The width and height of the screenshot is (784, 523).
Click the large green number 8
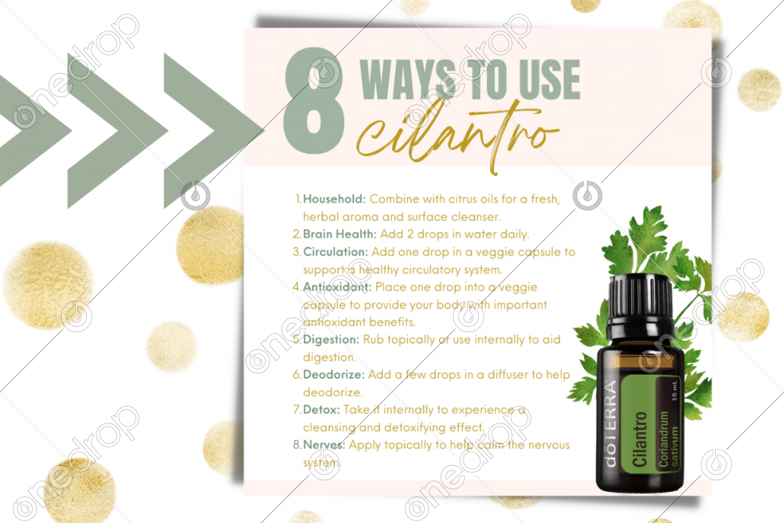point(314,100)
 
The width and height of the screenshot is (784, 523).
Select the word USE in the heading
point(550,79)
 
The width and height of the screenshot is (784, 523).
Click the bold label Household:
point(335,199)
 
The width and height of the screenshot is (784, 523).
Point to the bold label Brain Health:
point(339,234)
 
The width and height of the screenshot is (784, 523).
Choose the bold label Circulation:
point(336,252)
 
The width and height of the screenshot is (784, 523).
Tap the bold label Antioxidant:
point(337,286)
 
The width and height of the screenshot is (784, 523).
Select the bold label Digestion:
point(331,340)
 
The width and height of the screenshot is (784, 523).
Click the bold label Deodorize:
point(333,375)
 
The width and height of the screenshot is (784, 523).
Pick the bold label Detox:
point(321,409)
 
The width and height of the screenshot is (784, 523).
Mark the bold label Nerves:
point(324,445)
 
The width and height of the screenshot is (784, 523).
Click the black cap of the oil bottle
point(640,304)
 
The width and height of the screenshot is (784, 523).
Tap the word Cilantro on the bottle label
point(640,439)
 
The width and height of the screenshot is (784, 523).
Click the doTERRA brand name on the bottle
point(611,424)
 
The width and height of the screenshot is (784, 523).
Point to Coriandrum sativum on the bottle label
point(669,439)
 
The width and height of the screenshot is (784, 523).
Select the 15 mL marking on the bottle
point(674,390)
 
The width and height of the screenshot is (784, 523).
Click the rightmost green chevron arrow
point(212,131)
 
